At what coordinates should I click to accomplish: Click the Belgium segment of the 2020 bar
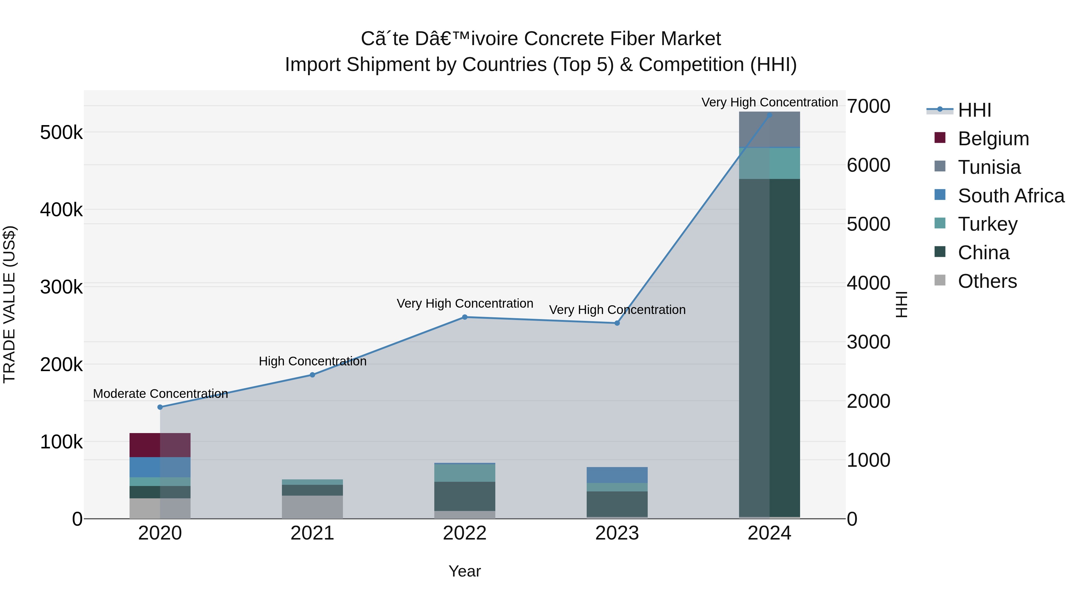160,445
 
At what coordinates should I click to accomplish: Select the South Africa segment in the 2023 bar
617,475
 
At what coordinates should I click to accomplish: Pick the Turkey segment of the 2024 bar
769,163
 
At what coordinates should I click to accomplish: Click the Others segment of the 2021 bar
312,507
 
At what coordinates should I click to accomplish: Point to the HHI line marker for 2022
465,317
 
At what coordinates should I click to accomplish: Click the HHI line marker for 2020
160,407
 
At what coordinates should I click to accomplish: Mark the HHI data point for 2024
769,115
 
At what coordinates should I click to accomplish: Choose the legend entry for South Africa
1010,196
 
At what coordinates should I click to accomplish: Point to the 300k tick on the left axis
61,288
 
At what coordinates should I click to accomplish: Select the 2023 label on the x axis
617,533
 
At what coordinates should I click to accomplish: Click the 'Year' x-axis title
465,571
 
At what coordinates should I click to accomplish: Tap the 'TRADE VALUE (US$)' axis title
9,304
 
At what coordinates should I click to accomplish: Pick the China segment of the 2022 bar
465,496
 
